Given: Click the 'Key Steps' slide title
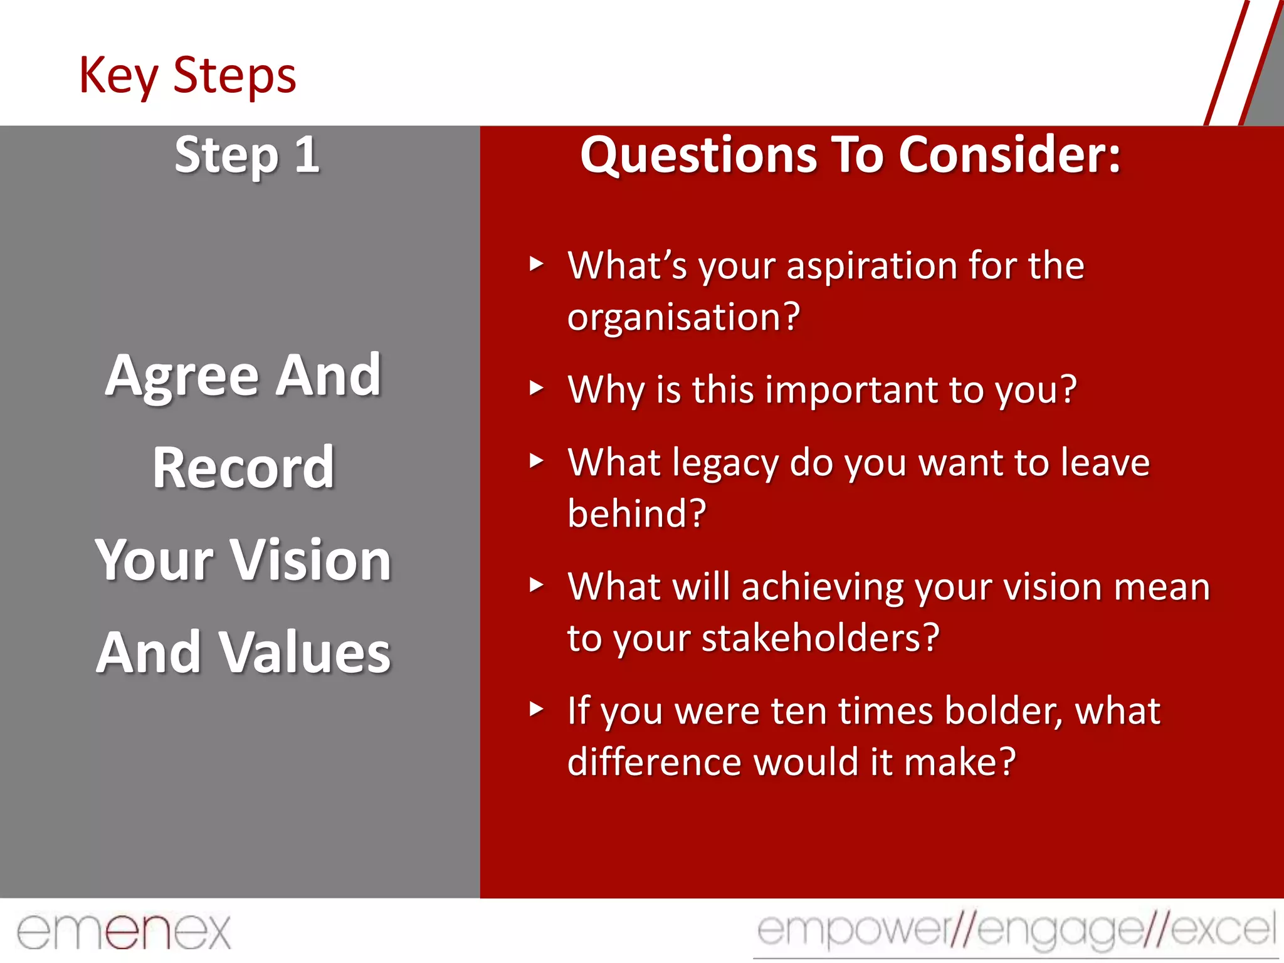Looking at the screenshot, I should [187, 75].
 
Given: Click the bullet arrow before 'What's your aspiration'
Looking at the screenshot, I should [536, 263].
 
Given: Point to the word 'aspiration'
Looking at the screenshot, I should [871, 266].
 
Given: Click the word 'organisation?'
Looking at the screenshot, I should [683, 317].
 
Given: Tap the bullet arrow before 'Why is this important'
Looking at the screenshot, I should [536, 387].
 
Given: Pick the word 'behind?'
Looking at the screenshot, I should [636, 513].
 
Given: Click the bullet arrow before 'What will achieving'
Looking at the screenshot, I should [536, 585].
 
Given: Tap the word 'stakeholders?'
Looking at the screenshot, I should [820, 638].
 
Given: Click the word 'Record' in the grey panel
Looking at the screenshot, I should [243, 467].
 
